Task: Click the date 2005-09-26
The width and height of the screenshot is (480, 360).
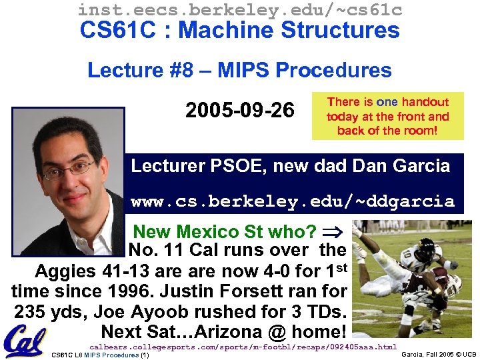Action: (x=239, y=110)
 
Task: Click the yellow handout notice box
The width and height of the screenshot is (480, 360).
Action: (x=387, y=116)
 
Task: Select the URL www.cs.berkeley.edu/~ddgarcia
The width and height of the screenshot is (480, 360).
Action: (x=292, y=201)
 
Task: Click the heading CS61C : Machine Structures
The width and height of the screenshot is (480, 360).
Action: (x=239, y=30)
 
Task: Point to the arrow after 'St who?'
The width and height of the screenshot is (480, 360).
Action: (x=331, y=232)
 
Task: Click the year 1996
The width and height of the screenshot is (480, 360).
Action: (x=111, y=291)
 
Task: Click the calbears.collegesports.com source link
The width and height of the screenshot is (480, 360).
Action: (x=243, y=347)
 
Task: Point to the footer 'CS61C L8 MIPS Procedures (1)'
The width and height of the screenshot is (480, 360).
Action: (x=100, y=355)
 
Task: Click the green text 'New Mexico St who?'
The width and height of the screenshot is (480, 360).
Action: (x=225, y=232)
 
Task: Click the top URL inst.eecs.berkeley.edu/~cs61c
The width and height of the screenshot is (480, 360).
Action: (x=239, y=9)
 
